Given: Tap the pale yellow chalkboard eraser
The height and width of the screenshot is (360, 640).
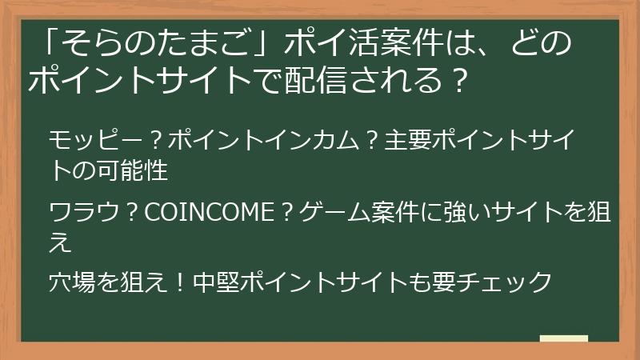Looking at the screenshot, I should (x=564, y=338).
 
